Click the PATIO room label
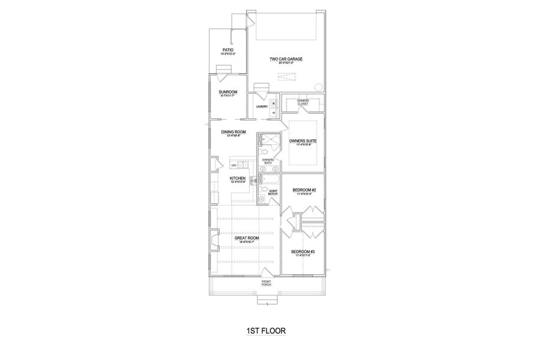tap(227, 50)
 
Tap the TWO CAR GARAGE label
tap(286, 59)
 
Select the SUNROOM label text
tap(227, 92)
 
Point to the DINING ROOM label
tap(233, 132)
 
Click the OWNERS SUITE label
tap(302, 141)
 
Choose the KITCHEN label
tap(238, 178)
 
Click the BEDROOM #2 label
tap(304, 190)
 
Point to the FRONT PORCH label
tap(266, 283)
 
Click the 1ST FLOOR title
tap(266, 331)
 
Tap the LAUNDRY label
tap(262, 106)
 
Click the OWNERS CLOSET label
tap(302, 102)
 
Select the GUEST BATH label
tap(273, 193)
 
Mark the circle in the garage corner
tap(318, 86)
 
